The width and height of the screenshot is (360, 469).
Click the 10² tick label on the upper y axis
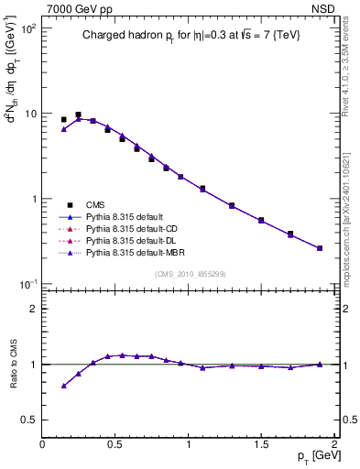click(x=27, y=29)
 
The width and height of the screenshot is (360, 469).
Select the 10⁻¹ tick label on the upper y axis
click(x=27, y=284)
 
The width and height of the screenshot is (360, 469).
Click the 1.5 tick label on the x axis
click(x=261, y=444)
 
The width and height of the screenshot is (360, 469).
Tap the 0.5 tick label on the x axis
click(x=115, y=444)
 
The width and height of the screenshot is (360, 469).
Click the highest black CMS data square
click(x=78, y=115)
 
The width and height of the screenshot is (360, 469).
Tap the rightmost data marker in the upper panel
click(x=320, y=248)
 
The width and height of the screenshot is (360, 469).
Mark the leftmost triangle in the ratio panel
click(x=63, y=386)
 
